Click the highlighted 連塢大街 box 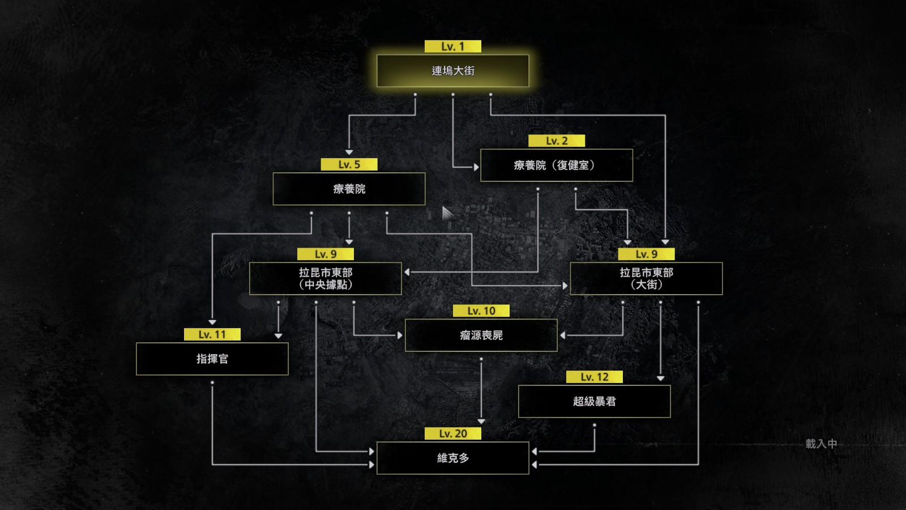(x=452, y=71)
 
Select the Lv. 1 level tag (x=452, y=46)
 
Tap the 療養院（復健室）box (x=557, y=165)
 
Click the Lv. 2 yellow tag (x=557, y=141)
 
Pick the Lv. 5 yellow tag (x=349, y=164)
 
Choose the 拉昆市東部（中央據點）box (x=326, y=278)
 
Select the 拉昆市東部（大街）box (x=646, y=278)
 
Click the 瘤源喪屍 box (x=481, y=335)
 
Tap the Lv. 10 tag (x=481, y=311)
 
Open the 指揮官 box (x=212, y=359)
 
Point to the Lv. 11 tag (x=212, y=334)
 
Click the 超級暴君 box (x=594, y=401)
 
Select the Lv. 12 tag (x=594, y=377)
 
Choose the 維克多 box (x=452, y=458)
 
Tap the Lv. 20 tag (x=452, y=433)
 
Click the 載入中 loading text (x=820, y=444)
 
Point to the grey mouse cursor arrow (x=447, y=213)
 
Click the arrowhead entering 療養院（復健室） (x=476, y=167)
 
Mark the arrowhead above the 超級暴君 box (x=660, y=379)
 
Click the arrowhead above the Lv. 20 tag (x=481, y=422)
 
